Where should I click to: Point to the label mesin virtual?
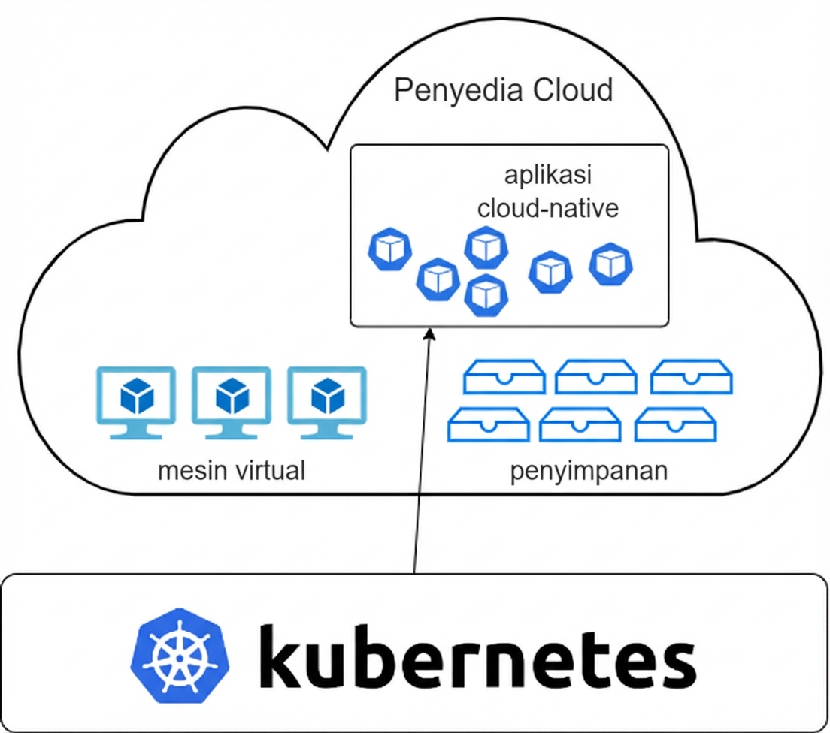tap(232, 472)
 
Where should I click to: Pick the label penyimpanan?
tap(589, 472)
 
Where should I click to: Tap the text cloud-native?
tap(547, 207)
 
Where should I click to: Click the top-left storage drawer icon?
tap(504, 376)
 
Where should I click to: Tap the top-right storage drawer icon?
tap(691, 376)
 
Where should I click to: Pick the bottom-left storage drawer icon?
tap(488, 424)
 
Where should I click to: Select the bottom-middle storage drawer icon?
tap(580, 424)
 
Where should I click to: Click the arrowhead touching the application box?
tap(429, 334)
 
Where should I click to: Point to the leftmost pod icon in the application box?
tap(390, 250)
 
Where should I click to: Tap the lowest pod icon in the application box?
tap(486, 295)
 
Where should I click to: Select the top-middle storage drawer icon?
tap(596, 376)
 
